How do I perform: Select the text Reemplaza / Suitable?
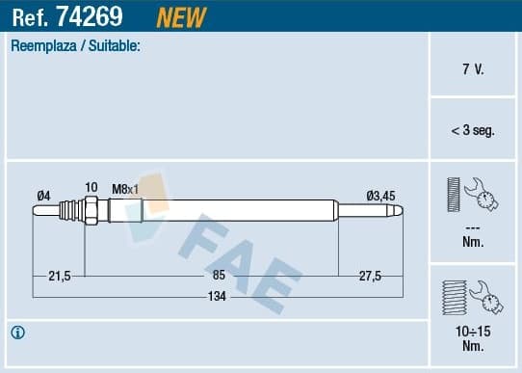click(x=75, y=45)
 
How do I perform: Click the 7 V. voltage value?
click(x=473, y=70)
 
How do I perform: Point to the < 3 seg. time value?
click(x=473, y=130)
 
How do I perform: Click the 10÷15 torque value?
click(x=473, y=332)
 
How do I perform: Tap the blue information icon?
click(x=17, y=333)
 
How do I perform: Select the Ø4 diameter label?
click(x=43, y=197)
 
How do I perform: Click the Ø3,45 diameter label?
click(x=380, y=197)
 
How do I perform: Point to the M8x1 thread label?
click(x=126, y=188)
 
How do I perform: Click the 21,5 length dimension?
click(x=59, y=276)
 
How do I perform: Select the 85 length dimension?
click(x=219, y=276)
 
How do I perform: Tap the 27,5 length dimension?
click(x=370, y=276)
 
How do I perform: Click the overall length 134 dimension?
click(x=219, y=297)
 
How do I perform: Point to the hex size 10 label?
click(x=91, y=187)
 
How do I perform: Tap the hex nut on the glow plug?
click(x=91, y=209)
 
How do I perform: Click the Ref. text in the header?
click(x=30, y=16)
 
